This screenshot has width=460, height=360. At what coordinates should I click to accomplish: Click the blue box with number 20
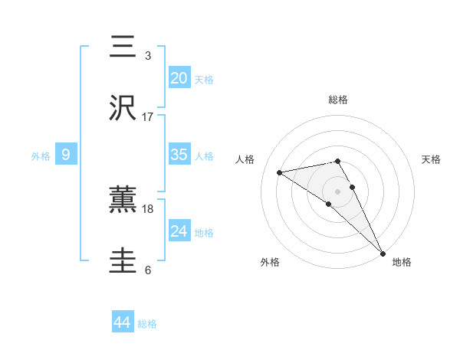tap(179, 78)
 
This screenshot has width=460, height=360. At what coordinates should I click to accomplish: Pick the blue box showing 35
tap(179, 155)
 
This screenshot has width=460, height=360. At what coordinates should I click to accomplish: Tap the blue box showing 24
tap(179, 231)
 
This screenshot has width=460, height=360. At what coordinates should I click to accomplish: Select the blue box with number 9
tap(66, 155)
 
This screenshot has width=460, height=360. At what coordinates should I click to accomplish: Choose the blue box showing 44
tap(122, 323)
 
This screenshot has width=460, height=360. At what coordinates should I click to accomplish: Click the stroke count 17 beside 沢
tap(148, 117)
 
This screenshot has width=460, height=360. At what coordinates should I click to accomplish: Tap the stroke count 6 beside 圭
tap(148, 270)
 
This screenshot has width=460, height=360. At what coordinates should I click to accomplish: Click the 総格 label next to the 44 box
tap(147, 324)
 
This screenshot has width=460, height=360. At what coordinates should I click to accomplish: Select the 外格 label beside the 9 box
tap(41, 155)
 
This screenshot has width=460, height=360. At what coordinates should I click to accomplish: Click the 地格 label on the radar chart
tap(402, 262)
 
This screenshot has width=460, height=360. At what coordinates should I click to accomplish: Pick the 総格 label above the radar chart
tap(338, 100)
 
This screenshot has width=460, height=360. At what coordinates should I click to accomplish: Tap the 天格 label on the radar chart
tap(432, 159)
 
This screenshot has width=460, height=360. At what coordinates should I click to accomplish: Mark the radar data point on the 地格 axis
tap(383, 252)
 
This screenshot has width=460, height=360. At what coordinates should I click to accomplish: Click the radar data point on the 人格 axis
tap(280, 172)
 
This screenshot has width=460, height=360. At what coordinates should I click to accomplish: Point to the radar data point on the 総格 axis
tap(337, 161)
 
